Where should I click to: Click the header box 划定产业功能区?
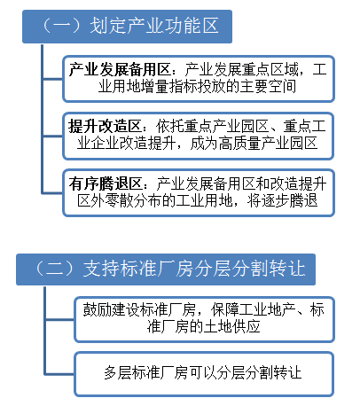127,27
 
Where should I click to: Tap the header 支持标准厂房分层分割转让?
166,269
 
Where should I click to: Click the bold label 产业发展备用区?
120,70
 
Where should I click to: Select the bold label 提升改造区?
105,127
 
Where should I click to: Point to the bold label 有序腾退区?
106,183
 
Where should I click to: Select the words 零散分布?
133,200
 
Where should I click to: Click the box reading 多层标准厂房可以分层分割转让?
204,374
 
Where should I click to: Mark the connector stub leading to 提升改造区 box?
53,137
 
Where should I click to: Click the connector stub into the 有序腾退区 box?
53,193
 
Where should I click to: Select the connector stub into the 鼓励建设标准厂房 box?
59,319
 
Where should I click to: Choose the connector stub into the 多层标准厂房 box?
59,374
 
